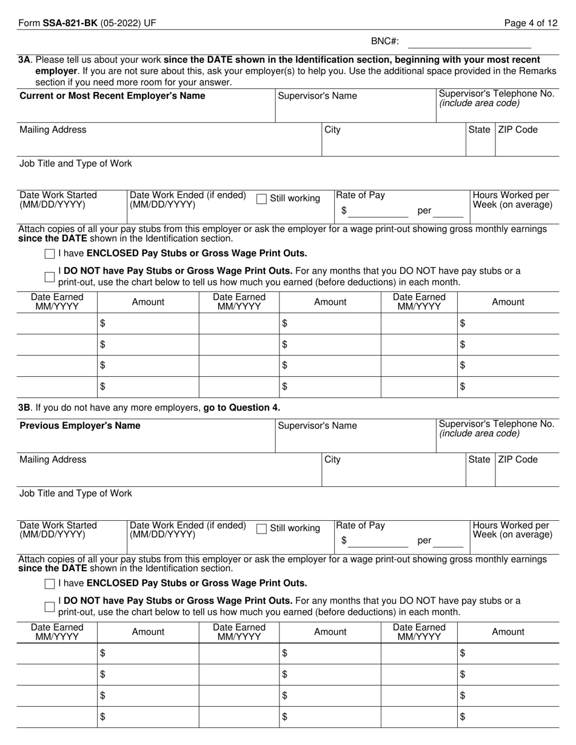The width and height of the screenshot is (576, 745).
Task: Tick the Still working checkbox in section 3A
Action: coord(261,199)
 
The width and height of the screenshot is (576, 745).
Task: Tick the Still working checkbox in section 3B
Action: coord(261,529)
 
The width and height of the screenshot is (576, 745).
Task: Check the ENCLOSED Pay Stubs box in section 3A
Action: coord(50,254)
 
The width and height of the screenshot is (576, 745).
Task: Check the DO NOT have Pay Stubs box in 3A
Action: coord(50,277)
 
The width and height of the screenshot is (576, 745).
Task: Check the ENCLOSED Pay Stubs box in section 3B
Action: coord(50,584)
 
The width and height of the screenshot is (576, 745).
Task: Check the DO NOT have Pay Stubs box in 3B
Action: coord(50,607)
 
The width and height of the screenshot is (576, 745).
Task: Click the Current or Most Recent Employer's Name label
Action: coord(112,96)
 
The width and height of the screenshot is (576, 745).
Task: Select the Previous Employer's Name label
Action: coord(80,426)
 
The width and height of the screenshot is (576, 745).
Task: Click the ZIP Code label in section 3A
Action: coord(518,130)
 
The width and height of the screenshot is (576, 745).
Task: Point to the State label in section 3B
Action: coord(479,460)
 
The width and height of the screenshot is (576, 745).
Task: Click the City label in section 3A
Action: coord(333,130)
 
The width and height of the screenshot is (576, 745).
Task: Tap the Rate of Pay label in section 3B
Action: coord(361,526)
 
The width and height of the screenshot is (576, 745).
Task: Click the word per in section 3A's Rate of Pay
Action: coord(424,211)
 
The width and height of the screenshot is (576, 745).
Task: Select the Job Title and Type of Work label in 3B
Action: coord(76,493)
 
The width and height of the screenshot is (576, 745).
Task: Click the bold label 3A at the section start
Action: coord(24,60)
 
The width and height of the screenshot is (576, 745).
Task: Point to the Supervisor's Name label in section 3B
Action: coord(317,426)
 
